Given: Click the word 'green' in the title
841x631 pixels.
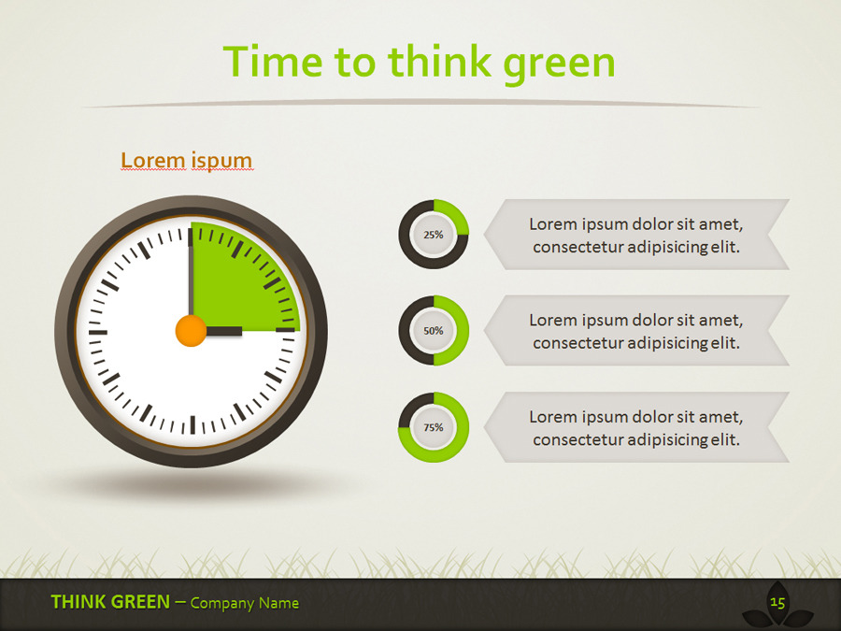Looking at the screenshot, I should [x=559, y=63].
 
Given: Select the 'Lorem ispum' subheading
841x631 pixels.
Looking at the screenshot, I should [x=187, y=161].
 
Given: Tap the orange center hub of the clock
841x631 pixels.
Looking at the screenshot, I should [x=191, y=331].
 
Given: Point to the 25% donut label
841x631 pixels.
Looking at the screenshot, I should [x=434, y=235].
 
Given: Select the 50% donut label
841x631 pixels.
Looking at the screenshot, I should [x=434, y=331].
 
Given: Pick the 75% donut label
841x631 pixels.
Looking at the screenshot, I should [x=434, y=427].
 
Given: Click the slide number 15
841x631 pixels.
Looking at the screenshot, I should [x=777, y=603].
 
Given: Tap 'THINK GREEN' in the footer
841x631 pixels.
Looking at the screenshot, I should [x=110, y=602].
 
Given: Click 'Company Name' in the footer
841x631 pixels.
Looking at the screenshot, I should [x=245, y=603].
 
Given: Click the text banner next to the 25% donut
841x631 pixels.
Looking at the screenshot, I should [x=636, y=235].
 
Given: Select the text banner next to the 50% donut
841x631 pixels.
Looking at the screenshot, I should [x=636, y=331].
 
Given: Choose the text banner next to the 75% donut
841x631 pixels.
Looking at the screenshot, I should [x=636, y=427].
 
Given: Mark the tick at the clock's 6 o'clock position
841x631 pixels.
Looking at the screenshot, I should [x=192, y=425].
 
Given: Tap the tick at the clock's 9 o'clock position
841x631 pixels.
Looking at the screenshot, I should [x=98, y=332].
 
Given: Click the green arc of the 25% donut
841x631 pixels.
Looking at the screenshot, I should [x=453, y=214].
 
